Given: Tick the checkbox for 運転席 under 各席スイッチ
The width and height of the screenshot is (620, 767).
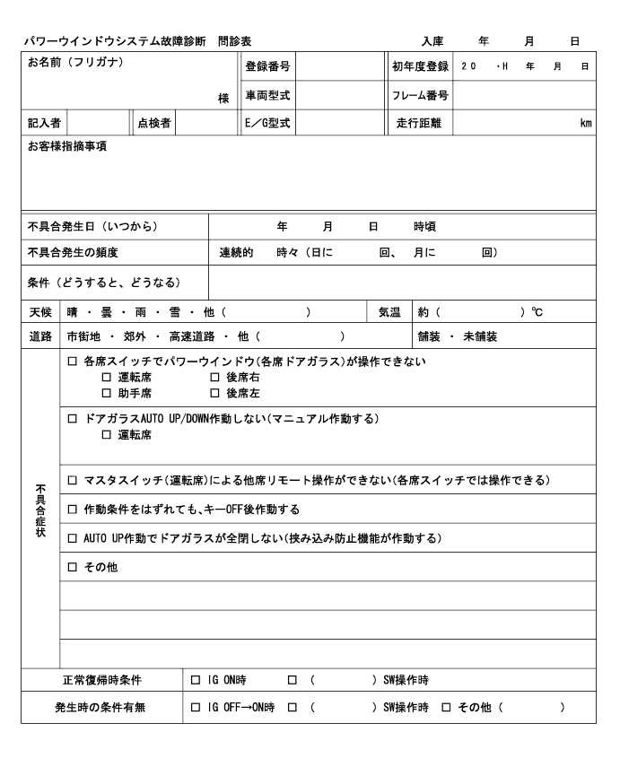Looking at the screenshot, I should pyautogui.click(x=107, y=378).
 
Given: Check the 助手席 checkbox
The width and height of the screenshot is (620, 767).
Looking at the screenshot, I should pyautogui.click(x=107, y=393).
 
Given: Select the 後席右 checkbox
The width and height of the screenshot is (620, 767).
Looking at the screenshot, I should pyautogui.click(x=214, y=378).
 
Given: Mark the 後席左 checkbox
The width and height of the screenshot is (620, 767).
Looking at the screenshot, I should pyautogui.click(x=214, y=393).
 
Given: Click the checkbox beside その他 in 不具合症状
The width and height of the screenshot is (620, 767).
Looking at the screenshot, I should pyautogui.click(x=73, y=567).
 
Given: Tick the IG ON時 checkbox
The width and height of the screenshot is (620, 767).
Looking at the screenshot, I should pyautogui.click(x=196, y=680).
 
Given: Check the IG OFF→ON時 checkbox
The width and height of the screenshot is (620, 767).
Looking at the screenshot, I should pyautogui.click(x=196, y=707).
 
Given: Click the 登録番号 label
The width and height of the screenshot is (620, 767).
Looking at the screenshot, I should pyautogui.click(x=267, y=66).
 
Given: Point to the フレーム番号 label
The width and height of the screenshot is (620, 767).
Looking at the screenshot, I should pyautogui.click(x=420, y=95).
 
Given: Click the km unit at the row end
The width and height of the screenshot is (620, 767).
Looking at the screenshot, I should pyautogui.click(x=586, y=123).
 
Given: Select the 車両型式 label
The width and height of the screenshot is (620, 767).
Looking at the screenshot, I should pyautogui.click(x=267, y=95).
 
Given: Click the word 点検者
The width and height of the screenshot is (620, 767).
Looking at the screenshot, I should pyautogui.click(x=154, y=123).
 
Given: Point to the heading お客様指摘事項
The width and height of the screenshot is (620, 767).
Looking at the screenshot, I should pyautogui.click(x=67, y=146).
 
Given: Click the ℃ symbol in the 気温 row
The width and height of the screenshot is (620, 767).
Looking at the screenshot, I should pyautogui.click(x=537, y=312).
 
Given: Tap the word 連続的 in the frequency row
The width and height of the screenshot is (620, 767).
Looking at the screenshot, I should pyautogui.click(x=237, y=252).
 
